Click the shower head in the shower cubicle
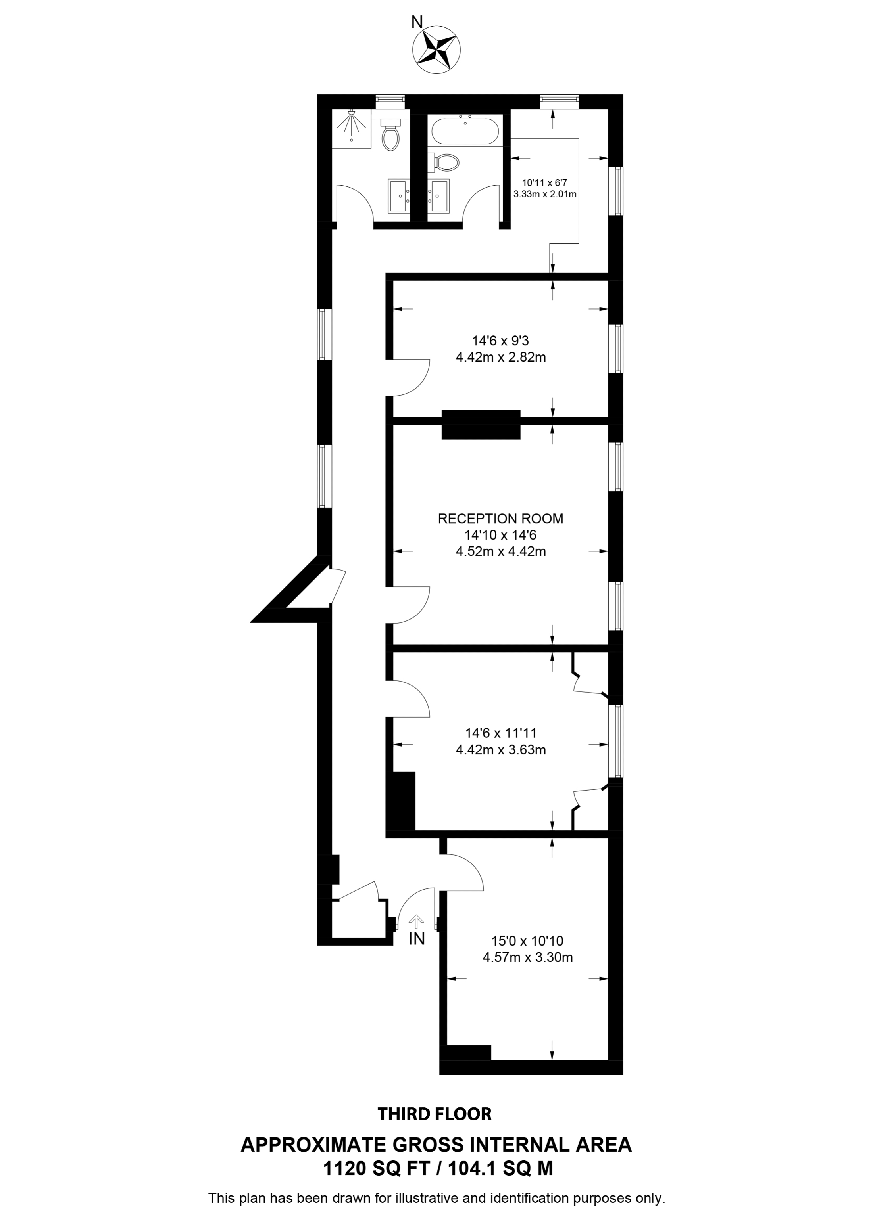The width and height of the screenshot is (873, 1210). click(x=351, y=114)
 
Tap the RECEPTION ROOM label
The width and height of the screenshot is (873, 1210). click(x=500, y=518)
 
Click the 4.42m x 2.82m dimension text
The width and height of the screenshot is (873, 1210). click(x=500, y=357)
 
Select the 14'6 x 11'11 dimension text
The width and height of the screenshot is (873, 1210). click(x=500, y=733)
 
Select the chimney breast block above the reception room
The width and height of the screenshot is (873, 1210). click(x=481, y=424)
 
